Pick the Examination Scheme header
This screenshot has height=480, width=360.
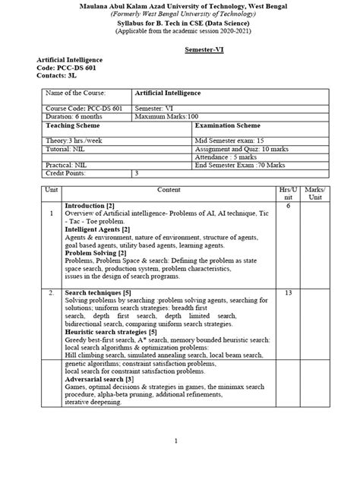229,127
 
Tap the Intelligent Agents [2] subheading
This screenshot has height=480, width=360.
97,229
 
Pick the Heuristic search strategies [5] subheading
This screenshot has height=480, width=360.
111,332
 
